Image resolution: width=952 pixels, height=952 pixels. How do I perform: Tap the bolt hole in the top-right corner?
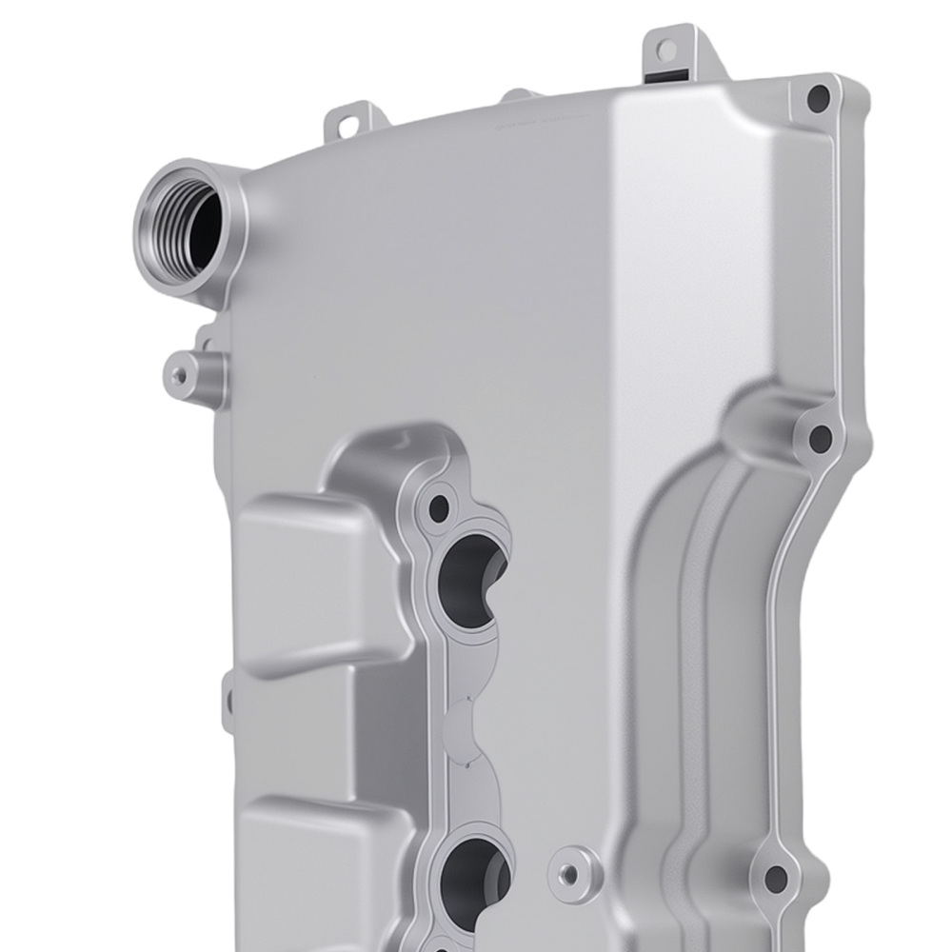pos(818,97)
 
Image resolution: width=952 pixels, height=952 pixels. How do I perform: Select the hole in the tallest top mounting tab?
pos(667,49)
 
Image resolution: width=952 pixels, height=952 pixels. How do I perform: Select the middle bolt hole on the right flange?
pos(820,438)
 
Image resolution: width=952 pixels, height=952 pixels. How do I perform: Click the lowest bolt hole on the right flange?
pos(776,878)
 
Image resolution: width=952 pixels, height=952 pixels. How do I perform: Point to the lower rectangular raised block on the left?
pos(305,857)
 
